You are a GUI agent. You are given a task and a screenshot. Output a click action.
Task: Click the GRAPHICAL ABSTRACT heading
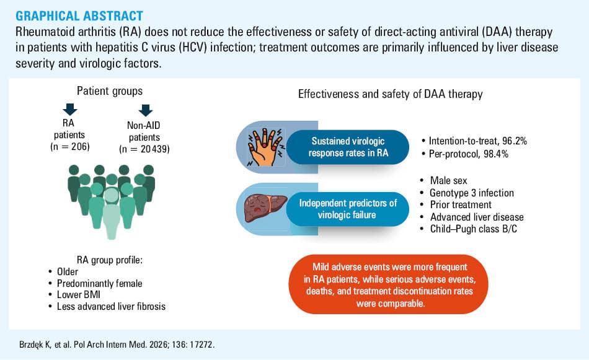click(x=79, y=15)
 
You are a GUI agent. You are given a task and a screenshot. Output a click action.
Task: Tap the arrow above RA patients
click(x=70, y=109)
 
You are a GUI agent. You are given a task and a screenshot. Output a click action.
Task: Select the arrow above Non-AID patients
click(x=145, y=110)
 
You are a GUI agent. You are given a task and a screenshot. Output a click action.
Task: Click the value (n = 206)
click(x=70, y=146)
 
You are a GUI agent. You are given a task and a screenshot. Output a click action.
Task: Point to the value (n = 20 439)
click(x=144, y=149)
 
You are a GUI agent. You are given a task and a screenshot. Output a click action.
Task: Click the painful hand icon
click(x=265, y=147)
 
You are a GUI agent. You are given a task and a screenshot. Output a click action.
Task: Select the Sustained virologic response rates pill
click(x=348, y=147)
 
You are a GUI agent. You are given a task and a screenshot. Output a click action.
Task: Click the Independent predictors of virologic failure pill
click(x=348, y=209)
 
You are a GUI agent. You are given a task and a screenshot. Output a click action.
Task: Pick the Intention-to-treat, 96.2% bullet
click(x=474, y=141)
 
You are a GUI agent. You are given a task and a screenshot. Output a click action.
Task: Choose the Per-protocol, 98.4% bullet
click(x=464, y=154)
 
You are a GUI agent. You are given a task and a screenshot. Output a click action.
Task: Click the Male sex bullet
click(x=444, y=180)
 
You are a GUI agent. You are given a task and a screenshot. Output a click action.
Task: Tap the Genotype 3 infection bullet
click(x=467, y=193)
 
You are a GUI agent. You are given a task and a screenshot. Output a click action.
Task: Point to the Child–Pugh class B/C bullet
click(x=469, y=229)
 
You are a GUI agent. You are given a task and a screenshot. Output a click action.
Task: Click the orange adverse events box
click(x=389, y=284)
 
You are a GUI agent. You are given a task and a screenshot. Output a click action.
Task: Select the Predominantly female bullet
click(x=95, y=283)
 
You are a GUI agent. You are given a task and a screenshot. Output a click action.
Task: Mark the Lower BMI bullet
click(x=74, y=295)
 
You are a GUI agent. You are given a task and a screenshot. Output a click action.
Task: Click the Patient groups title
click(x=110, y=91)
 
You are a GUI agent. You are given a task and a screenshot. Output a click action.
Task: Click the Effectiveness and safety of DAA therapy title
click(x=390, y=94)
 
